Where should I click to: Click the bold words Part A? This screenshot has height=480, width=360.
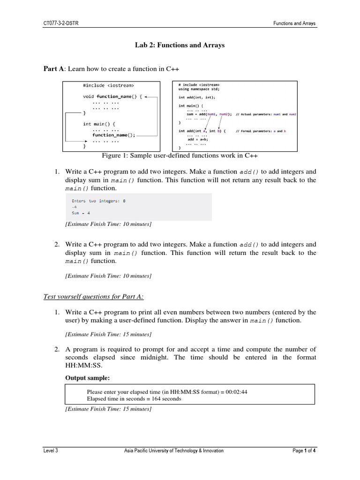(53, 69)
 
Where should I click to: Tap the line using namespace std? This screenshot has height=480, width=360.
(198, 89)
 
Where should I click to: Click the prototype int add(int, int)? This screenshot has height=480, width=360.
(197, 97)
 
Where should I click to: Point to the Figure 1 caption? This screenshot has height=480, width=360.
(180, 156)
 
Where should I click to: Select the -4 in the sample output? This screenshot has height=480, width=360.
(74, 207)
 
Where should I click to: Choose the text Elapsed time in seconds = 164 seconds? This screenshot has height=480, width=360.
(134, 399)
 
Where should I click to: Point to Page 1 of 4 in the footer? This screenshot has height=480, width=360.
(304, 451)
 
